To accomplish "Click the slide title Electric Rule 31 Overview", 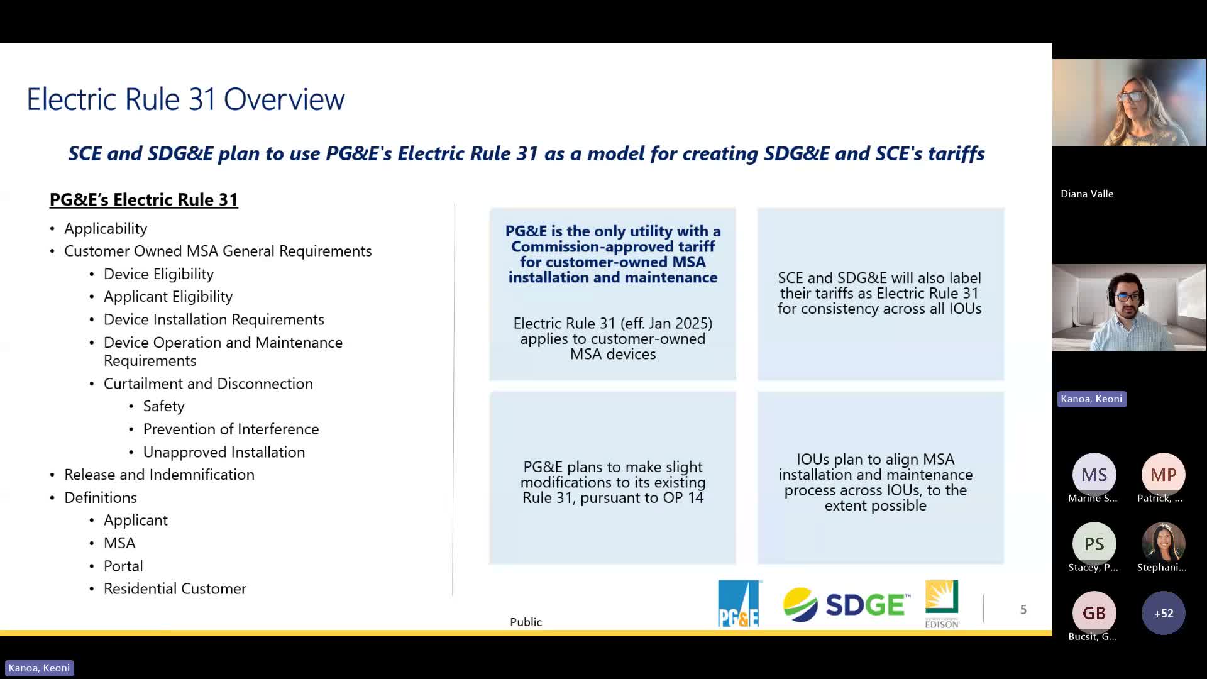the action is click(185, 99).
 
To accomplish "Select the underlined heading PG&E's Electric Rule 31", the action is click(144, 199).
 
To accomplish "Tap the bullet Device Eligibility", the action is click(158, 274).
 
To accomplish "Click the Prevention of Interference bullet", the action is click(231, 429).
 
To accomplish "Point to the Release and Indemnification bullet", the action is click(159, 475).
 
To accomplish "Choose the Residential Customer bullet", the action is click(175, 588).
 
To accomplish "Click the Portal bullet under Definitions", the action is click(123, 566).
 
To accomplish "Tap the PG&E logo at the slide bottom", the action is click(739, 604).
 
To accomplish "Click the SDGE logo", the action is click(846, 604).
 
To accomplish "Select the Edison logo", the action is click(942, 604).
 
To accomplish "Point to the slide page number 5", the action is click(1023, 609).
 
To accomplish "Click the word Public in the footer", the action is click(526, 622).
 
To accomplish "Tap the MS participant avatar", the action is click(1094, 475).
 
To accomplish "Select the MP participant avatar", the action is click(1163, 475).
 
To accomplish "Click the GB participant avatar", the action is click(1094, 613).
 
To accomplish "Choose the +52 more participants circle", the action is click(1163, 613).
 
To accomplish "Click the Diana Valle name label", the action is click(1087, 194).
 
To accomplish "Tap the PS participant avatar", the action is click(1094, 544).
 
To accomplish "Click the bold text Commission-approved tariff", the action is click(613, 246).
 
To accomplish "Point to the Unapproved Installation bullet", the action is click(224, 452).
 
